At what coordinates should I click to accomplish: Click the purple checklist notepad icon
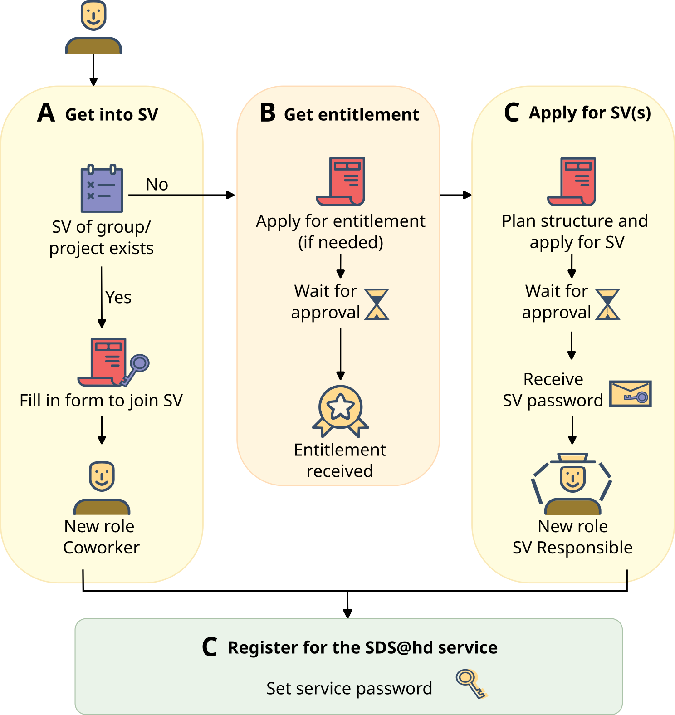(102, 189)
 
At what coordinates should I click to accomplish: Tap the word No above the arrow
(157, 185)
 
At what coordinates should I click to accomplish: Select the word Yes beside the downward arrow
(118, 298)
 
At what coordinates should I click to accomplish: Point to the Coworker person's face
(102, 476)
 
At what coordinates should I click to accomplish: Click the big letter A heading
(46, 113)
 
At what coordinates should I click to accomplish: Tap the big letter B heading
(268, 113)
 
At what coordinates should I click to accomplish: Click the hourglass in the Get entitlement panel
(377, 304)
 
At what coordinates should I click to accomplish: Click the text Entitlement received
(340, 460)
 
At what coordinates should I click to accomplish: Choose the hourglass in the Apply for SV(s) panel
(607, 304)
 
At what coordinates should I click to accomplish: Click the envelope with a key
(630, 393)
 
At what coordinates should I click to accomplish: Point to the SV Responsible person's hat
(572, 458)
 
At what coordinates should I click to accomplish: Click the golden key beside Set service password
(471, 683)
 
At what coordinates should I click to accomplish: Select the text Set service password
(349, 689)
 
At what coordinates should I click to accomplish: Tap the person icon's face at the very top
(93, 15)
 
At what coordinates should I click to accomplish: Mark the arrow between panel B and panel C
(456, 195)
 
